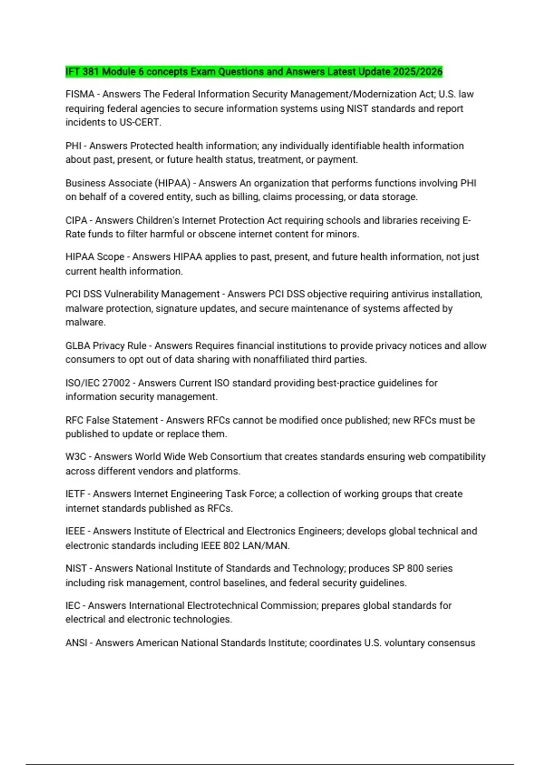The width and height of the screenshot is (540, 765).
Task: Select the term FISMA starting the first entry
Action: [x=80, y=94]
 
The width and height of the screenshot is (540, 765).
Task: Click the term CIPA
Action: [x=76, y=220]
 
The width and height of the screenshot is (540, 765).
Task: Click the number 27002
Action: [x=116, y=383]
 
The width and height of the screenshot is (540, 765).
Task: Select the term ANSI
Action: [x=76, y=643]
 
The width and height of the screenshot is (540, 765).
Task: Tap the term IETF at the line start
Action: [x=75, y=494]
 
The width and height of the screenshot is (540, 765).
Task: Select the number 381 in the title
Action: [x=91, y=72]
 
